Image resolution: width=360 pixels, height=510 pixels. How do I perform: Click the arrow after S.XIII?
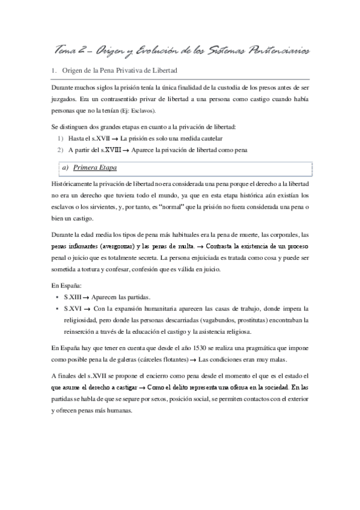coord(91,297)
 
